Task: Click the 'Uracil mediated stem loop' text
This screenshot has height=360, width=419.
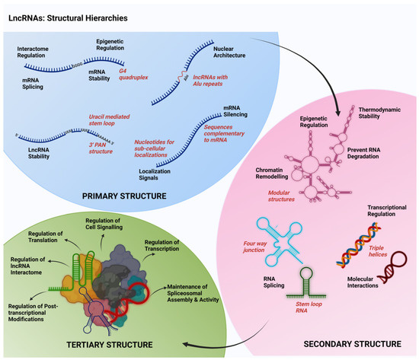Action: [114, 119]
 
